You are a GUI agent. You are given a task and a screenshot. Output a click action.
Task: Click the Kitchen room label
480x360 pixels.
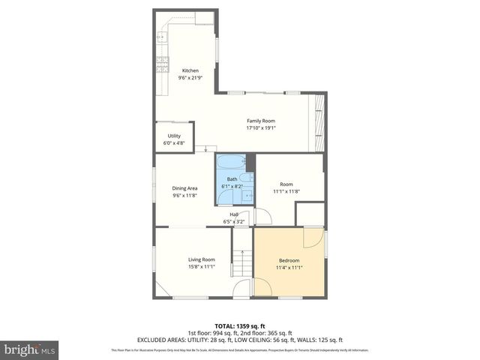tap(190, 70)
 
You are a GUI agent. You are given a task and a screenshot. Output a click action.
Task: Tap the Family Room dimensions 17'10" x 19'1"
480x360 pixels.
tap(261, 127)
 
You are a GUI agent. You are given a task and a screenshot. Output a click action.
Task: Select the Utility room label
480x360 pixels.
tap(174, 136)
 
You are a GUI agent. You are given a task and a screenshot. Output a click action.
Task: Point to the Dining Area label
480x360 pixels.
tap(184, 188)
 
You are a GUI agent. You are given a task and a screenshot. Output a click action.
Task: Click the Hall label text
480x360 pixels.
tap(234, 214)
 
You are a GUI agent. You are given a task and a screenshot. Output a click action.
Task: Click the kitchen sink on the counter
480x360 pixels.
tap(161, 35)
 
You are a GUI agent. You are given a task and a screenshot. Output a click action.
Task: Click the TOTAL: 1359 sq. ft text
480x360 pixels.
tap(239, 326)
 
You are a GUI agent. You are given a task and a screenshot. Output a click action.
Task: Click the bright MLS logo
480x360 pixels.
tap(30, 349)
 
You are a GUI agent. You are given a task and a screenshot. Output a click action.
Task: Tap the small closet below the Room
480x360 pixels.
tap(310, 214)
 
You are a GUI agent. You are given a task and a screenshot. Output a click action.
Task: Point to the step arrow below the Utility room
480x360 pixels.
tap(206, 149)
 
